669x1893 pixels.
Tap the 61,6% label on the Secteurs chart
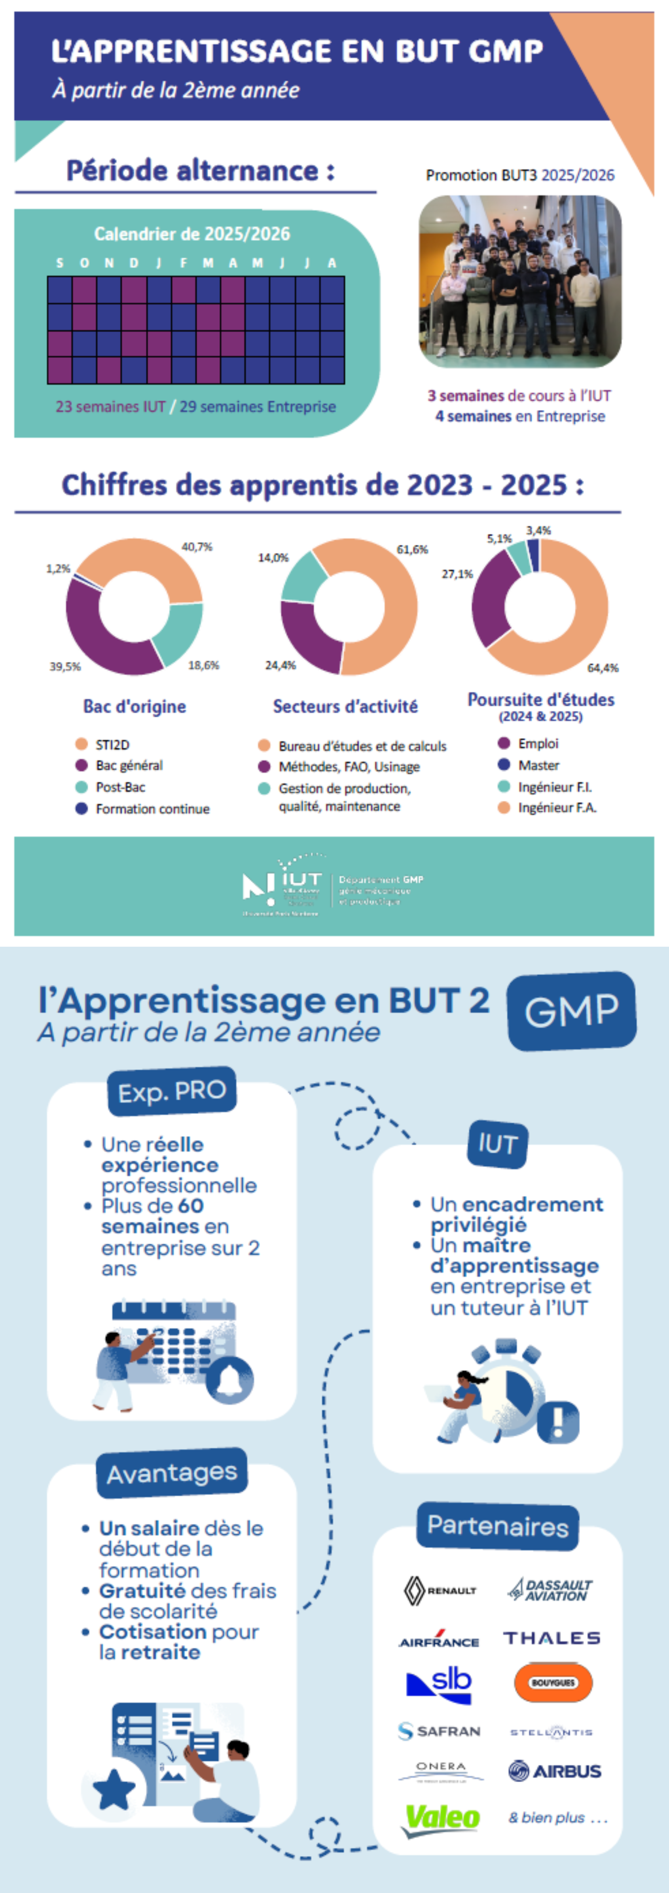(412, 550)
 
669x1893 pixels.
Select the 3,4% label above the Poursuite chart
(538, 530)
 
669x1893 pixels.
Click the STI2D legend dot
(81, 745)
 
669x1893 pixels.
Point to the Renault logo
(440, 1590)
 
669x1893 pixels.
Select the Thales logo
(551, 1638)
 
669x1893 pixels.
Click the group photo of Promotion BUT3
(520, 281)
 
